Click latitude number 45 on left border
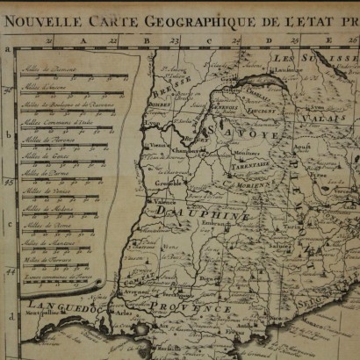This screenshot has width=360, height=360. tap(9, 182)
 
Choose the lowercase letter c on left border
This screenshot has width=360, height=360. tap(9, 225)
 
